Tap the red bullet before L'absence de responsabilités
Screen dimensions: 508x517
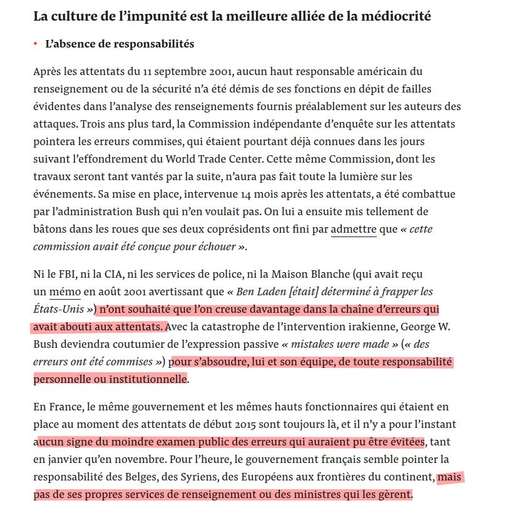36,44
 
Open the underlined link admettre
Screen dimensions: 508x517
354,229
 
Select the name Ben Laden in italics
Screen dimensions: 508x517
257,292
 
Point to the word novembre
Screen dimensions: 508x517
141,460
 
